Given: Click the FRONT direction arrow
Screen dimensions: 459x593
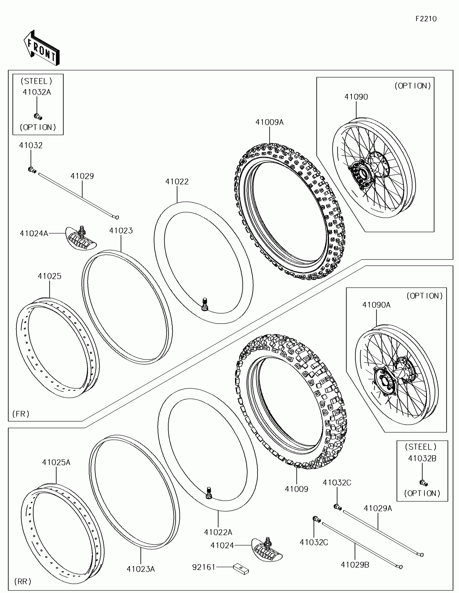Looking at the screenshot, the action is [x=42, y=48].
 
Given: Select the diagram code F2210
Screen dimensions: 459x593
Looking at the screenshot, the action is [x=426, y=19].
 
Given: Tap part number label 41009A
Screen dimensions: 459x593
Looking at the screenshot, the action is [x=269, y=122].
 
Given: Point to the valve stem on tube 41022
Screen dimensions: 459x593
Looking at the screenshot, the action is [x=205, y=304].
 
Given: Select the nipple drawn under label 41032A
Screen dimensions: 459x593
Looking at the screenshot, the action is [x=38, y=116].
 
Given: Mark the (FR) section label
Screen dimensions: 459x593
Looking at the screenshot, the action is [x=21, y=414].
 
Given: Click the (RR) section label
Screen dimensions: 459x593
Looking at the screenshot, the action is [x=23, y=581].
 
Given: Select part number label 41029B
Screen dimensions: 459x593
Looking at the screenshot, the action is [x=355, y=564].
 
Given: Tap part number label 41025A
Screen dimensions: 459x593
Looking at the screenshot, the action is [x=56, y=462].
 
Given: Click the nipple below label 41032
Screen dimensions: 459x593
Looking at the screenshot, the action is [x=32, y=170].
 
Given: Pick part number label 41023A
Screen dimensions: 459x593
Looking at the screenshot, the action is [x=141, y=569].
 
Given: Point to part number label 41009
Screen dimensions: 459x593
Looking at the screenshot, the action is [x=296, y=489].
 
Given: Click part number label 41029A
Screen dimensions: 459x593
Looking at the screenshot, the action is [x=378, y=508].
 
